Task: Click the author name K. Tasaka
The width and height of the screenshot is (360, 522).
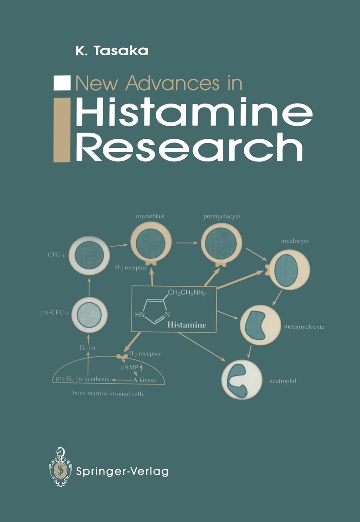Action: click(x=112, y=50)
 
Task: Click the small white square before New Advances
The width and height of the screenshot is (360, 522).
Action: click(x=62, y=83)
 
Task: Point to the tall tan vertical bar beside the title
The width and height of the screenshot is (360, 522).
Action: click(x=62, y=130)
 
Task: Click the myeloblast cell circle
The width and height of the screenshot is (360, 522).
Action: click(x=151, y=242)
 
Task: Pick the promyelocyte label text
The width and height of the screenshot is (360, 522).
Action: click(x=222, y=217)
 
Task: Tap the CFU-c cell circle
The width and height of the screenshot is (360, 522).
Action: click(x=89, y=256)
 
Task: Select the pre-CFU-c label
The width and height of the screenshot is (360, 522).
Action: click(x=54, y=313)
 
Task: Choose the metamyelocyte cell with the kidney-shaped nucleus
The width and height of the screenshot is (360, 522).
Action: click(x=260, y=325)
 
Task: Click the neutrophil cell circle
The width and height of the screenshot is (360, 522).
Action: click(x=242, y=380)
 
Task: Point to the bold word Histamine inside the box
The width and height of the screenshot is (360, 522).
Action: click(x=187, y=325)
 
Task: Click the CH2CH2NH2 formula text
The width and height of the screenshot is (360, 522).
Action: click(x=187, y=293)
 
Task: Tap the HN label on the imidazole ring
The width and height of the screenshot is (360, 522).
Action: click(x=140, y=315)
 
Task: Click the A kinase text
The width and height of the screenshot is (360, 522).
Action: click(x=145, y=380)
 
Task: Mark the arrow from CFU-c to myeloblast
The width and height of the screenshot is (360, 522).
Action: click(x=119, y=245)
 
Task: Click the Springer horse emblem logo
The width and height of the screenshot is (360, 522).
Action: click(x=61, y=466)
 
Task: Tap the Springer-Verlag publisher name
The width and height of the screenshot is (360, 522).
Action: click(x=122, y=466)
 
